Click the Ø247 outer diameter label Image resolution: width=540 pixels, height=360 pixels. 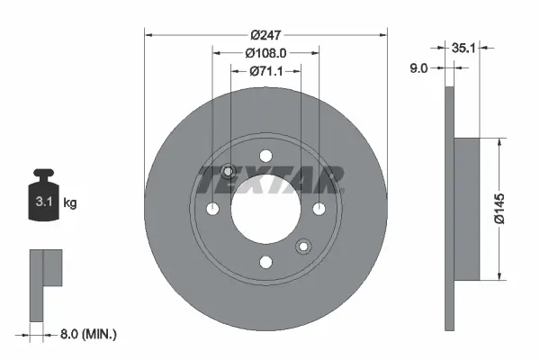click(265, 34)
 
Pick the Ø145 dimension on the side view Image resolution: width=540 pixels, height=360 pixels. click(511, 209)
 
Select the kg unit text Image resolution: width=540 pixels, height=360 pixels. click(70, 203)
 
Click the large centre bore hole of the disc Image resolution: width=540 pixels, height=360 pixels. click(265, 209)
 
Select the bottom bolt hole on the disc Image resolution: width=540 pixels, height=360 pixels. click(265, 262)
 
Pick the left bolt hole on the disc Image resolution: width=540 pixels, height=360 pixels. click(212, 209)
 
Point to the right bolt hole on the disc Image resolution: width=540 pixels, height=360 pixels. click(319, 209)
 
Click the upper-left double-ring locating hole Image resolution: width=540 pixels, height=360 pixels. click(228, 172)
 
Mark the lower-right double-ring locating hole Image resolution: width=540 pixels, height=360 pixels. click(303, 246)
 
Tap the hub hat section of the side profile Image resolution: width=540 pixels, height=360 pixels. click(468, 209)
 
